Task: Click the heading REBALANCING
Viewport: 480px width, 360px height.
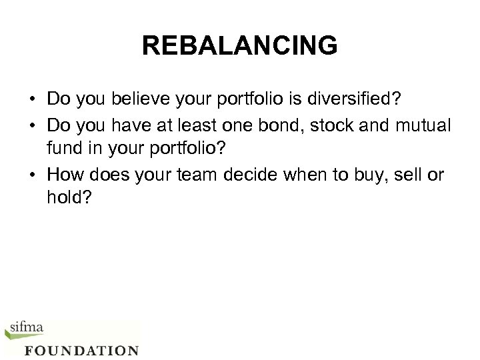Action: coord(240,46)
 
